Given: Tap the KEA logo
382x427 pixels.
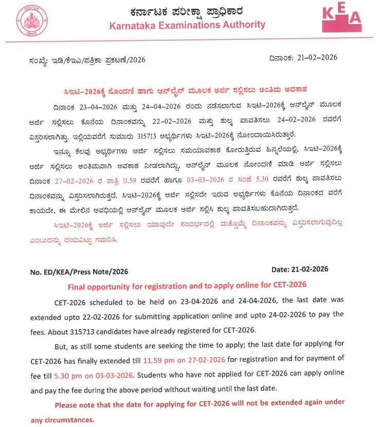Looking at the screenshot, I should coord(341,20).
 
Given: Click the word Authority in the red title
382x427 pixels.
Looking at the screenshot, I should coord(241,25).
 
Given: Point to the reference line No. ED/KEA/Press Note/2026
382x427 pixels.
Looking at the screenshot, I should coord(79,271).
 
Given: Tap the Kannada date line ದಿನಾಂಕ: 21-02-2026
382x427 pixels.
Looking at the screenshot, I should coord(303,57).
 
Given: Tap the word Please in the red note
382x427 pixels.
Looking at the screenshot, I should coord(68,404).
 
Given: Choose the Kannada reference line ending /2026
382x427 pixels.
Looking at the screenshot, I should coord(87,60).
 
